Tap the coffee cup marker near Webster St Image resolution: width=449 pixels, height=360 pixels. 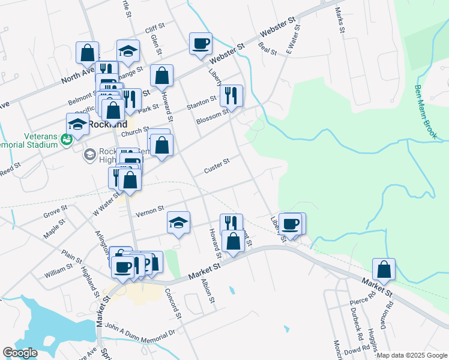[200, 43]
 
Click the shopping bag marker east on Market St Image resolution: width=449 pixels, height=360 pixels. [384, 269]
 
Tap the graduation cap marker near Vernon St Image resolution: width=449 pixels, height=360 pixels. [178, 223]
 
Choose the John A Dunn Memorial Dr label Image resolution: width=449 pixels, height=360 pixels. [139, 331]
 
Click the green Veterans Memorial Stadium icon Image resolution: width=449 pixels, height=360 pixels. [67, 139]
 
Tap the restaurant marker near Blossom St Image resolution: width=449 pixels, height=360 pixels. [231, 95]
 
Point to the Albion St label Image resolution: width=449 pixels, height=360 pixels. [208, 291]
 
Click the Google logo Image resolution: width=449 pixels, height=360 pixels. [20, 353]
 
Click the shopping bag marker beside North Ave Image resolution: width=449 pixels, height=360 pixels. [88, 52]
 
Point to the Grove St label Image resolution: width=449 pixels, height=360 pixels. [55, 213]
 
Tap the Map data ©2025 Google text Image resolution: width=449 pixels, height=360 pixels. [411, 355]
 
